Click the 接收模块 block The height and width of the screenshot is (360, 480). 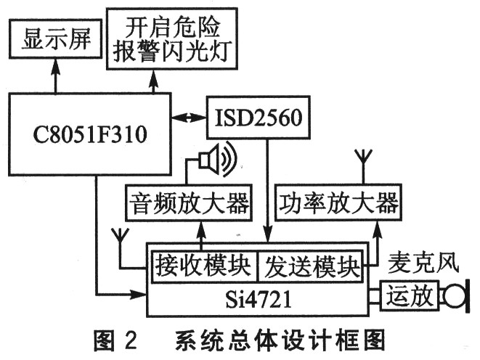205,267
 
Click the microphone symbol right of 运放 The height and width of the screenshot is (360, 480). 455,295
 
